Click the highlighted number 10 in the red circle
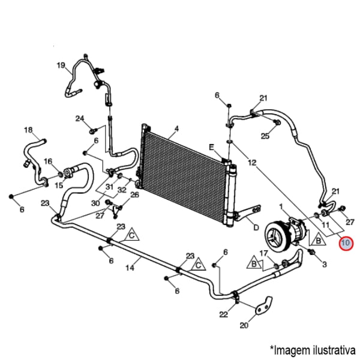(347, 244)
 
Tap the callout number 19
(61, 65)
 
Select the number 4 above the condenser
(177, 128)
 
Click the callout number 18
(28, 130)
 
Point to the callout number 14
(130, 268)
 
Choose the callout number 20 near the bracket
(244, 326)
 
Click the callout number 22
(223, 314)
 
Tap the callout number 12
(252, 163)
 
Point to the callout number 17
(263, 253)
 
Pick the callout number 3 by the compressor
(325, 264)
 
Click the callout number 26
(134, 194)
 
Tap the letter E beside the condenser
(211, 147)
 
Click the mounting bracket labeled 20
(263, 307)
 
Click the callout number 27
(351, 222)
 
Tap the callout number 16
(49, 161)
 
